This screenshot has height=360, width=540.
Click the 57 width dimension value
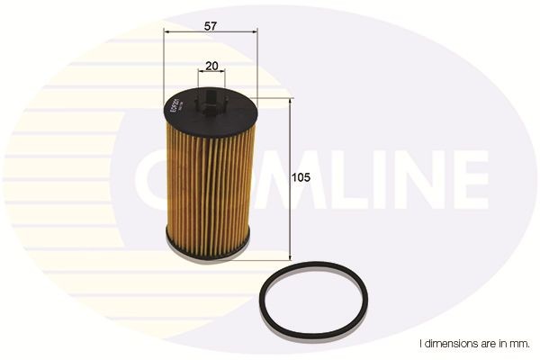point(210,26)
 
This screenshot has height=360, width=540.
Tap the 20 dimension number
point(211,67)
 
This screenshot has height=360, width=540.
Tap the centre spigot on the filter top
point(210,100)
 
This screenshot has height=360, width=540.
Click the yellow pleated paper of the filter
point(209,180)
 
